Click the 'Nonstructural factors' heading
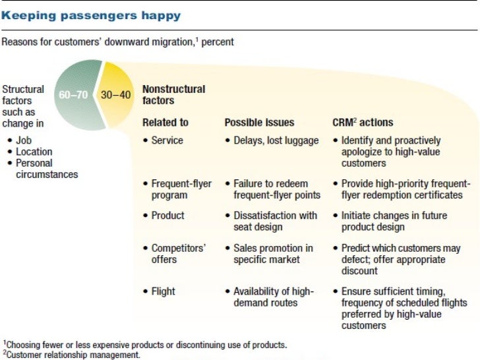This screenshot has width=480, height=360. pos(173,95)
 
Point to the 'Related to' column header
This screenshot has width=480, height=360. pos(165,123)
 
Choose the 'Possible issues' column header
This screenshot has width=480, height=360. pos(259,123)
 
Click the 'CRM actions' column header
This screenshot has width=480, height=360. pos(362,123)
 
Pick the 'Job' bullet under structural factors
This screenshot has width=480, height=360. pos(24,140)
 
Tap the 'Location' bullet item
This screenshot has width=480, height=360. pos(34,152)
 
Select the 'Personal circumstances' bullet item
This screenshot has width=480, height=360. pos(46,169)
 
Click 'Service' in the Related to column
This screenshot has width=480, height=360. pos(167,140)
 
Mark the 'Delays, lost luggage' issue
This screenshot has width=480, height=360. pos(276,140)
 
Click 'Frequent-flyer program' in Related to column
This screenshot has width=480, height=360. pos(181,189)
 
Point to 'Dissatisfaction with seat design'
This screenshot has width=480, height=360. pos(276,221)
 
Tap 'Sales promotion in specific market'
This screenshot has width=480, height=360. pos(273,253)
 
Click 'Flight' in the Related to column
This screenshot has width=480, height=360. pos(163,291)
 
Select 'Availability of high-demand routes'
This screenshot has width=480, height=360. pos(273,297)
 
